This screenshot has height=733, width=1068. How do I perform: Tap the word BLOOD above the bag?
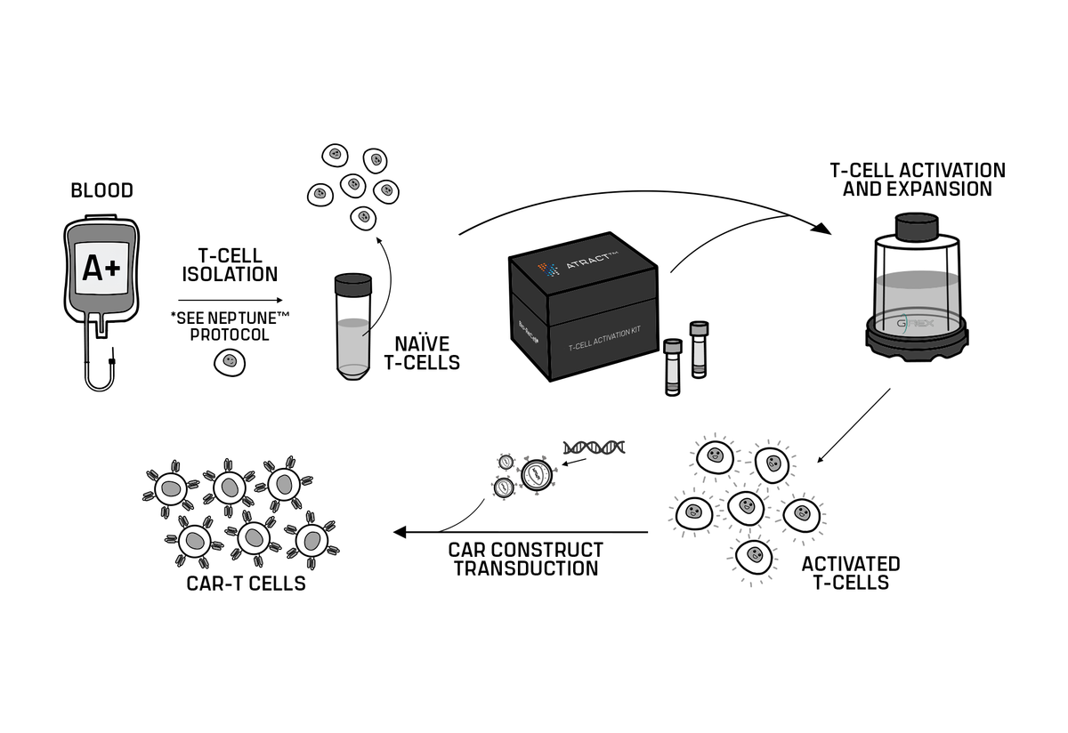[x=101, y=190]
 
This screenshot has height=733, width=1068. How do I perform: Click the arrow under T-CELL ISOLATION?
[x=231, y=301]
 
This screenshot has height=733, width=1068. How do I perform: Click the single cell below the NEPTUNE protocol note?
[x=230, y=361]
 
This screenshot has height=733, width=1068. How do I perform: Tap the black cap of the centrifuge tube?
[x=352, y=285]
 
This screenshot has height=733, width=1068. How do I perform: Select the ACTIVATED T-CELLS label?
[x=850, y=573]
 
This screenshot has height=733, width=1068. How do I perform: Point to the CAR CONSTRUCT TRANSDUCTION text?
[x=525, y=559]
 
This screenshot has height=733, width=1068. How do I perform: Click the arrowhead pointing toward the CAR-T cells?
[x=400, y=532]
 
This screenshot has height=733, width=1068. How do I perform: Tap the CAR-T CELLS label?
[x=247, y=584]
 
